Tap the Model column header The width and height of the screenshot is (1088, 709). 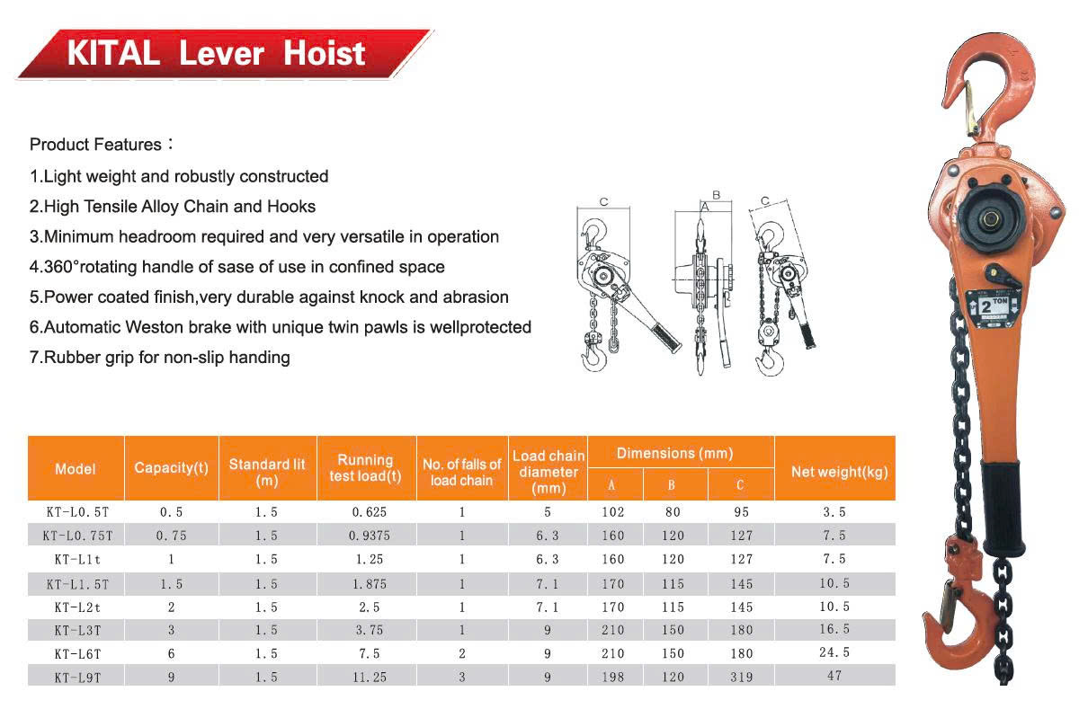(x=76, y=468)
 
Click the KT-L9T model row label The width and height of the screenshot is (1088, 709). (x=76, y=677)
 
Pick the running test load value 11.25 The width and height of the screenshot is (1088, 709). (x=366, y=677)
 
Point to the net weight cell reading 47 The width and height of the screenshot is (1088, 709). (x=834, y=675)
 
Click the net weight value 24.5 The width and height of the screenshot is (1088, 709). (x=834, y=652)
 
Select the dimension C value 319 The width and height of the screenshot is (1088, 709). (x=742, y=677)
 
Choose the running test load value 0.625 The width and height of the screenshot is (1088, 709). (x=366, y=512)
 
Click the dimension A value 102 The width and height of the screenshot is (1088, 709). (x=612, y=512)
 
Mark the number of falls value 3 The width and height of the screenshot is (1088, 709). (x=462, y=677)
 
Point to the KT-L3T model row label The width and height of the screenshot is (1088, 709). (x=76, y=630)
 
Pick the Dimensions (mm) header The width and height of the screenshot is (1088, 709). (x=674, y=454)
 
